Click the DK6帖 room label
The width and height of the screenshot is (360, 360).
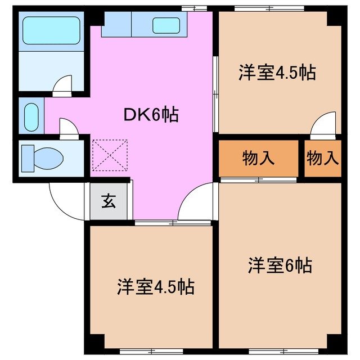[151, 115]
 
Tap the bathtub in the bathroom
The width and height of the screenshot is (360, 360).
[51, 31]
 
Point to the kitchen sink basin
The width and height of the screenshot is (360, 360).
[166, 25]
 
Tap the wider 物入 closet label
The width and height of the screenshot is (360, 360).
[258, 159]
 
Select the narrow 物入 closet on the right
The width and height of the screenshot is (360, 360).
[323, 159]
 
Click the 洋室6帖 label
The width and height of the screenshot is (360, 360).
[280, 264]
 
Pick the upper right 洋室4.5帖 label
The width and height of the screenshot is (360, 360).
[277, 73]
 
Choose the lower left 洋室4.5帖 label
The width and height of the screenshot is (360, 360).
[155, 287]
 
